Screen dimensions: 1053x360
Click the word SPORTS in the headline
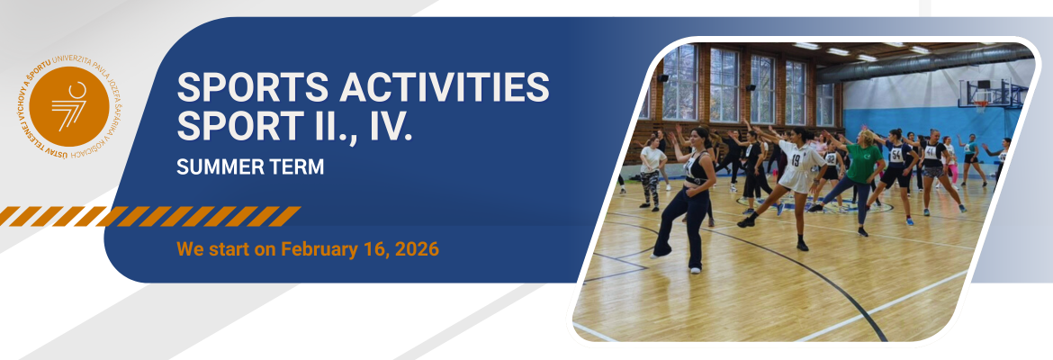pyautogui.click(x=253, y=87)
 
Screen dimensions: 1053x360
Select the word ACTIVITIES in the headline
pyautogui.click(x=445, y=87)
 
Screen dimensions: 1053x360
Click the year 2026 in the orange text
pyautogui.click(x=417, y=250)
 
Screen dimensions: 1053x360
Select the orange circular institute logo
pyautogui.click(x=69, y=106)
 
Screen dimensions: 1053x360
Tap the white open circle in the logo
pyautogui.click(x=77, y=90)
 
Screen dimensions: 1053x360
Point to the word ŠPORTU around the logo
pyautogui.click(x=39, y=71)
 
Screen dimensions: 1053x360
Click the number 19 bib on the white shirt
pyautogui.click(x=796, y=160)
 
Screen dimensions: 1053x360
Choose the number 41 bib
pyautogui.click(x=930, y=152)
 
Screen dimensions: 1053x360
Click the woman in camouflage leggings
pyautogui.click(x=651, y=174)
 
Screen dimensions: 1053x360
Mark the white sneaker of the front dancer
pyautogui.click(x=695, y=271)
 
